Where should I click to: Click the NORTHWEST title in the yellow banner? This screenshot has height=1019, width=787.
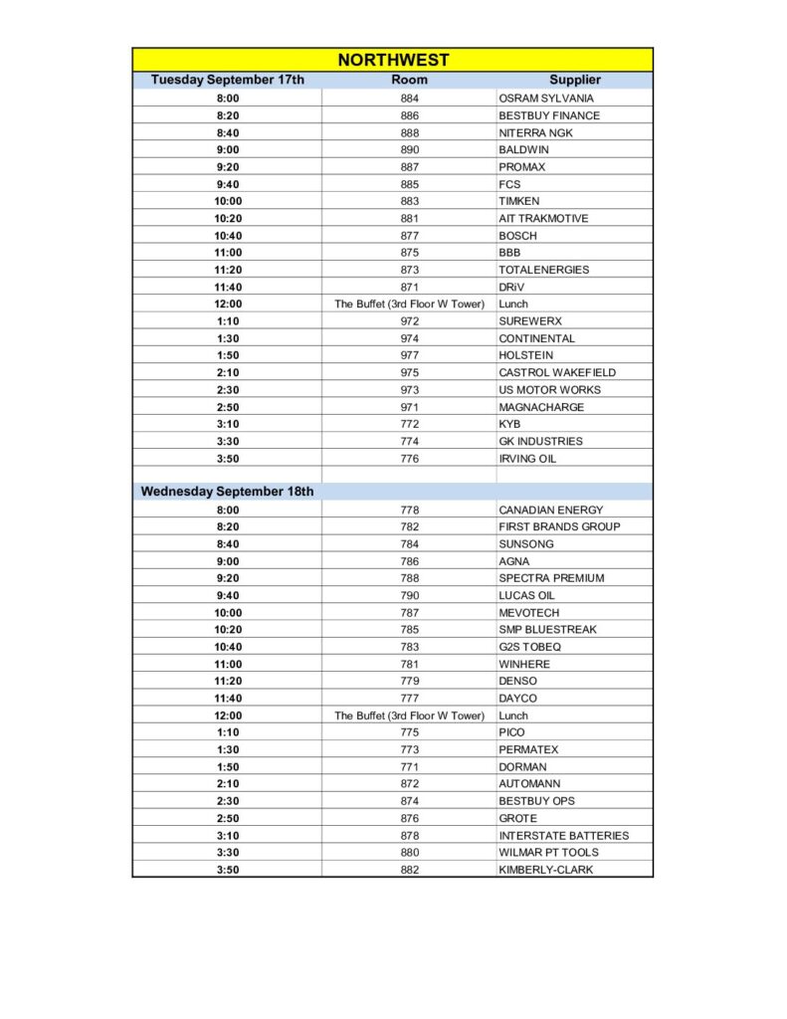click(x=393, y=60)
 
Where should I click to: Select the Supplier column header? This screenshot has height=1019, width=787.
click(x=574, y=80)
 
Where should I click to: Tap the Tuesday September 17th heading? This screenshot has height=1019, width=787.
click(x=227, y=80)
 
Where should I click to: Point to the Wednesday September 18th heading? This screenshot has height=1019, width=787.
click(x=227, y=492)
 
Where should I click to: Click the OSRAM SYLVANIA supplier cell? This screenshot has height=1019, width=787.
click(x=546, y=99)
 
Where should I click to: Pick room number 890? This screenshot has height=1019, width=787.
click(x=410, y=149)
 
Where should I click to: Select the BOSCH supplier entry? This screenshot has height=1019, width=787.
click(x=517, y=236)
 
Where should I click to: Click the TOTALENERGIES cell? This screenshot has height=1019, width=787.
click(x=543, y=270)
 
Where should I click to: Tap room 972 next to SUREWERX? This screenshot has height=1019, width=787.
click(x=410, y=321)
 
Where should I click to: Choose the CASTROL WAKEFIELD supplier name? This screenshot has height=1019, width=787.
click(x=557, y=372)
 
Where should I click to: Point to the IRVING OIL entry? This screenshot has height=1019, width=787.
click(x=527, y=459)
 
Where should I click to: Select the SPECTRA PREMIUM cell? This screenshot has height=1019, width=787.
click(x=551, y=578)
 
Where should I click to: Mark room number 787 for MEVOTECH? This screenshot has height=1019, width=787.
click(x=410, y=613)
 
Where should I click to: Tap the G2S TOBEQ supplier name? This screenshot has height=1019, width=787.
click(x=530, y=647)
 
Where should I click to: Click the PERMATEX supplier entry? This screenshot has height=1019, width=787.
click(x=528, y=749)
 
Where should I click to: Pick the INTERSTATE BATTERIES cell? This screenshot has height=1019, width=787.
click(x=563, y=836)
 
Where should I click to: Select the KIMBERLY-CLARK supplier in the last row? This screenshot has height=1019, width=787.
click(x=545, y=870)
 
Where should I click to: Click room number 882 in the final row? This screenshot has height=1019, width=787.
click(x=410, y=870)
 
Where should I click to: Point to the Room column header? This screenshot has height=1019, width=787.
click(x=409, y=80)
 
